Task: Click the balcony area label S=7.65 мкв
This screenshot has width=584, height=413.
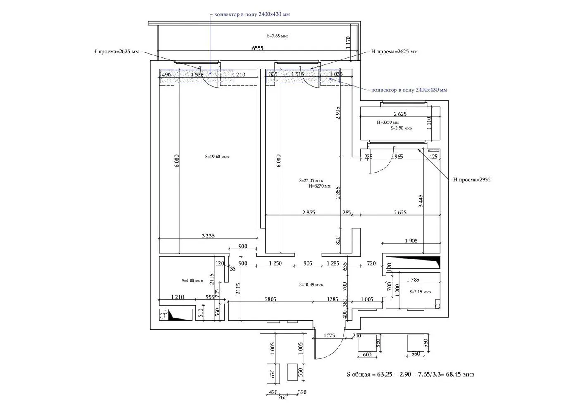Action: (x=278, y=36)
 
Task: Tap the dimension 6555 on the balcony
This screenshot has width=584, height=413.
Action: (x=257, y=48)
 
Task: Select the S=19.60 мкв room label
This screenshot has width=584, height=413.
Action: (x=217, y=157)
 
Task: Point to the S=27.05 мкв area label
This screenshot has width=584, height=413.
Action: (x=311, y=180)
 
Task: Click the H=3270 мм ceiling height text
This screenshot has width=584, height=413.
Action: (x=319, y=186)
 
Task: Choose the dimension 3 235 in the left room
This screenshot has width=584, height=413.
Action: (x=208, y=236)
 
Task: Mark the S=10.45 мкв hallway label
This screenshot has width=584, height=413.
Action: (x=311, y=285)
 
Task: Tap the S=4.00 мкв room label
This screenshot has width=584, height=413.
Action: (x=192, y=281)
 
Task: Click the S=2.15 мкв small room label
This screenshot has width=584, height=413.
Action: (x=420, y=292)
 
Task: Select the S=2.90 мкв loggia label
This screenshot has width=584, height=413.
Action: (x=401, y=128)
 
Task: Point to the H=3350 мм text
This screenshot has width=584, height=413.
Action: (x=388, y=122)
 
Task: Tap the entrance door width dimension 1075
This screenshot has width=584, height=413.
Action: (x=329, y=336)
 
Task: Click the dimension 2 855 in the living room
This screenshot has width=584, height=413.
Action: (x=308, y=212)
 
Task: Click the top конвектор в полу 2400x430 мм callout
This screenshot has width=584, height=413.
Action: (x=252, y=14)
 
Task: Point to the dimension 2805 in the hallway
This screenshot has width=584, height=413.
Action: (x=270, y=299)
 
